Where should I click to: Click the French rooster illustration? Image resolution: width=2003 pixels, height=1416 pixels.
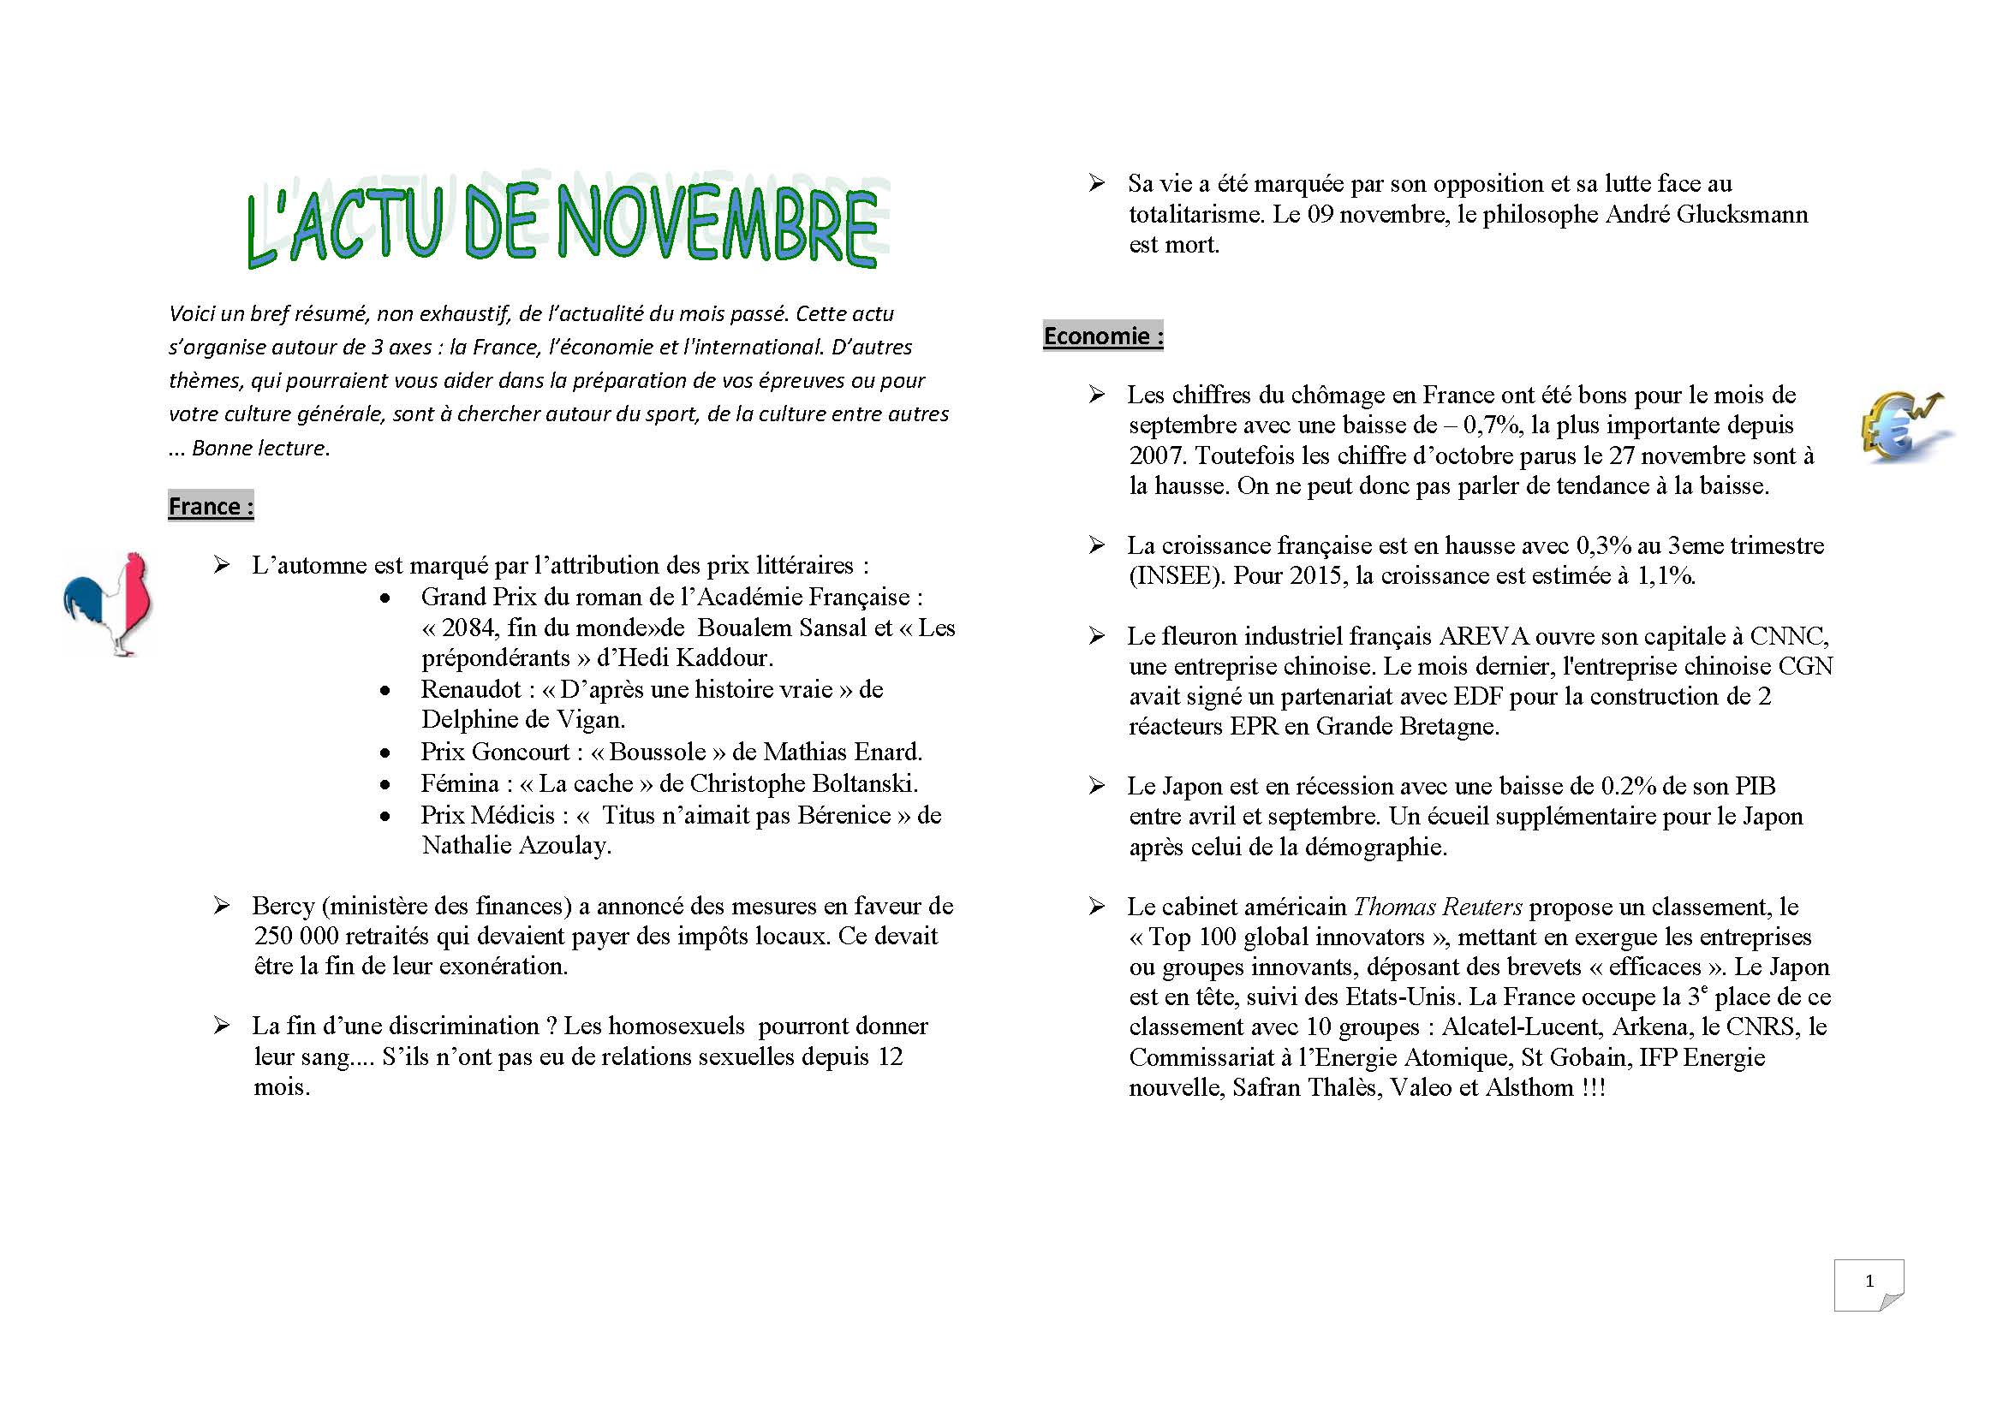point(108,604)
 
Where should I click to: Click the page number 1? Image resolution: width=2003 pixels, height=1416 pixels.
point(1869,1282)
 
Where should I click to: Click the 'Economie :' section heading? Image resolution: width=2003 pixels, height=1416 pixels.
point(1103,336)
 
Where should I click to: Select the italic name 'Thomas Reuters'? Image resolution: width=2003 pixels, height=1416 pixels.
point(1438,907)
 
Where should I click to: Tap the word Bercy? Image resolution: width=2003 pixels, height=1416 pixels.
point(283,906)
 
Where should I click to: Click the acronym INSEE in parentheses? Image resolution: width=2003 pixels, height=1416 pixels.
point(1175,576)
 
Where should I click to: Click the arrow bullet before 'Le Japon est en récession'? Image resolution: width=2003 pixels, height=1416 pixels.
point(1097,786)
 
